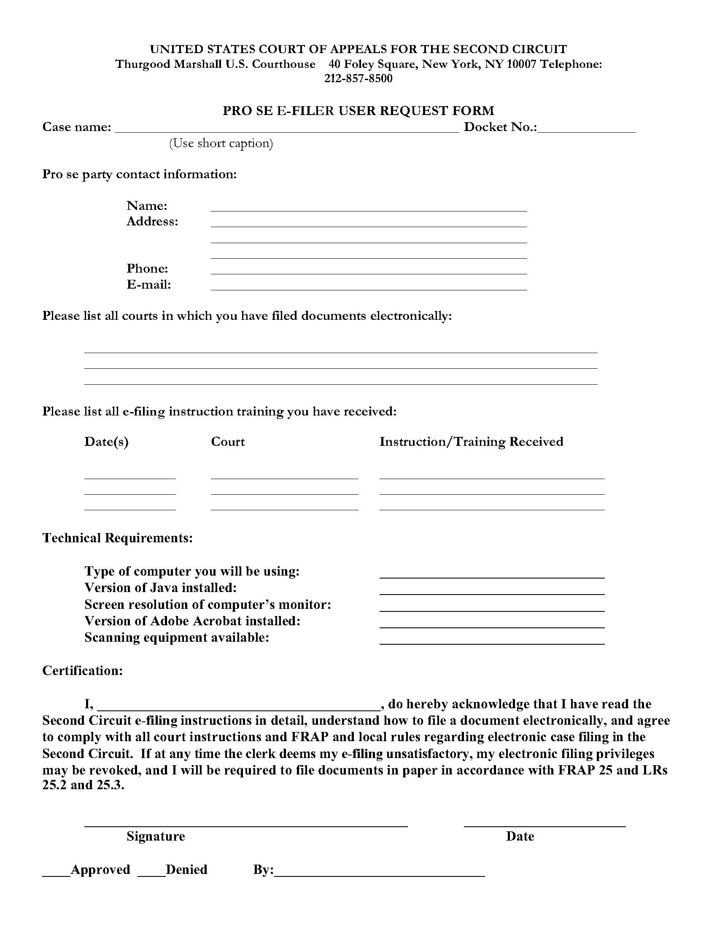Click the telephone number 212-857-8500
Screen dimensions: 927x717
[x=358, y=78]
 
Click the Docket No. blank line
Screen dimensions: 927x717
[x=586, y=128]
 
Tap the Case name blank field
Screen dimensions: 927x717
[x=287, y=128]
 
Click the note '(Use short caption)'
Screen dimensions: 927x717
[x=221, y=143]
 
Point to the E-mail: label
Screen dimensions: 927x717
[x=148, y=284]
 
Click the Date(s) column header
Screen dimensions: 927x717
[x=106, y=442]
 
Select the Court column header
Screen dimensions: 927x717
[x=228, y=442]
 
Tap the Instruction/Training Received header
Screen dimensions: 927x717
[x=471, y=442]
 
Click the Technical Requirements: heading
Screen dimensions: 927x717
[x=118, y=538]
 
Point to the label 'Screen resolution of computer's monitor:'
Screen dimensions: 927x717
[x=207, y=604]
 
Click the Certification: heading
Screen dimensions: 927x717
[x=82, y=671]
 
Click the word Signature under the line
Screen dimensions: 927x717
[x=156, y=836]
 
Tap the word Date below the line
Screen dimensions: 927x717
[x=520, y=836]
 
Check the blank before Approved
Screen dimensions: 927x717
[x=56, y=871]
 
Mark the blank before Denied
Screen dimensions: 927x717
[x=151, y=871]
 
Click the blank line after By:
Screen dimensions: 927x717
[x=379, y=871]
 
